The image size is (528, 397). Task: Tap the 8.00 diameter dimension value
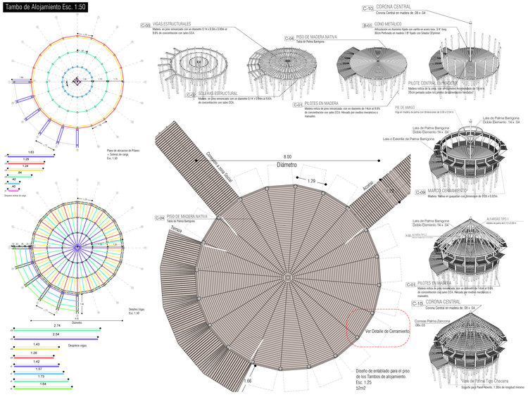tap(287, 157)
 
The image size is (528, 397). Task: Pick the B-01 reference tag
tap(367, 24)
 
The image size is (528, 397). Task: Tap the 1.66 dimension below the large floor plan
tap(248, 381)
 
